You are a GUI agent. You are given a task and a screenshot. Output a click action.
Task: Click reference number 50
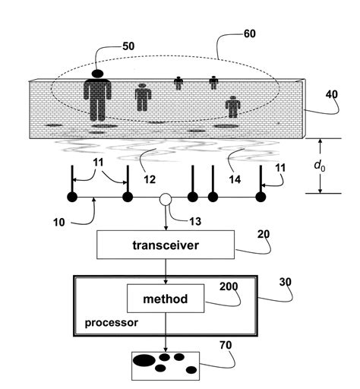point(131,46)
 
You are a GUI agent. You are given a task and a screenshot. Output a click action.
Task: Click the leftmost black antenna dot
point(72,198)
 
